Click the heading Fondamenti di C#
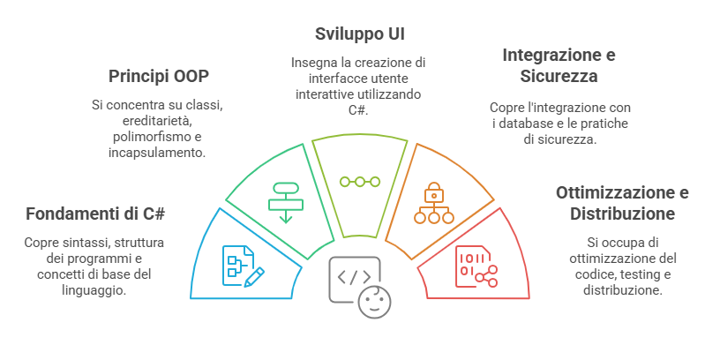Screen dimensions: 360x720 [x=96, y=214]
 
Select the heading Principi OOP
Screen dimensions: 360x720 [x=159, y=76]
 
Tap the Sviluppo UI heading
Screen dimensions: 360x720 [x=360, y=34]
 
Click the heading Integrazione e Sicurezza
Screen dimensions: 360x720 [x=559, y=65]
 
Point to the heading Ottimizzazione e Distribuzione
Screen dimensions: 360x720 [x=622, y=203]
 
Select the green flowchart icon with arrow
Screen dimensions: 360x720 [x=285, y=201]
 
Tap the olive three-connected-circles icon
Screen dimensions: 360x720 [x=360, y=182]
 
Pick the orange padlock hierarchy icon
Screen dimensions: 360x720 [x=433, y=204]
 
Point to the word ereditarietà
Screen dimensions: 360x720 [x=157, y=121]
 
